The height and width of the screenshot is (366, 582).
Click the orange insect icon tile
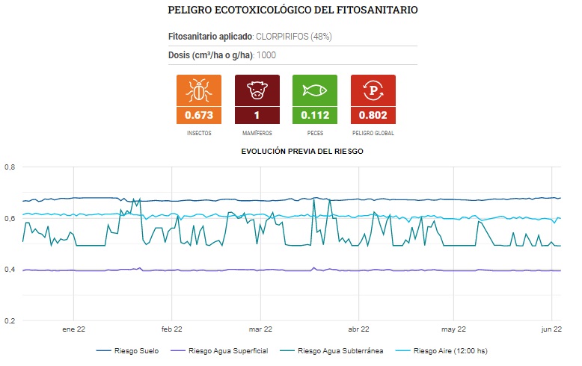(199, 91)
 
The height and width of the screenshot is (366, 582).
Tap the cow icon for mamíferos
(257, 91)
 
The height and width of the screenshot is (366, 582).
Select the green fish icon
(315, 91)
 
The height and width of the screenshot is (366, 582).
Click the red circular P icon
(373, 91)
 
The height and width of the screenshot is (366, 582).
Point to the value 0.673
(199, 115)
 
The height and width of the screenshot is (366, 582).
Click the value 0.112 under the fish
(315, 115)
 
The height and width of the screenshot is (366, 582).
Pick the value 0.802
(373, 115)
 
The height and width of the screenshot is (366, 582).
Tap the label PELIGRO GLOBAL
(373, 133)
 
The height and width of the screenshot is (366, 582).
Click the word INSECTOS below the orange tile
(199, 133)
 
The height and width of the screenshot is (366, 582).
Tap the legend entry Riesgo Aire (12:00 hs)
(450, 350)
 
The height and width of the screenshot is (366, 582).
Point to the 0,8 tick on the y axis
(10, 167)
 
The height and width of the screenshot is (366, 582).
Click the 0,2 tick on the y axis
(10, 321)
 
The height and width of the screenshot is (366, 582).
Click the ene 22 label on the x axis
(73, 329)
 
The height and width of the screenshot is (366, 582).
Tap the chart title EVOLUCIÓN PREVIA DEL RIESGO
(302, 151)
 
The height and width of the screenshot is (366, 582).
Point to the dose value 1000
(267, 55)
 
